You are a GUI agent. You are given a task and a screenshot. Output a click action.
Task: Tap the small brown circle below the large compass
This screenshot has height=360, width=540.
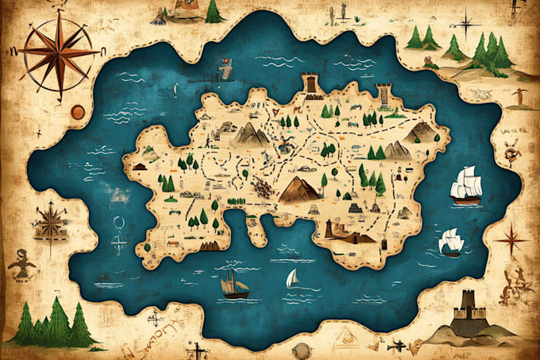click(x=77, y=113)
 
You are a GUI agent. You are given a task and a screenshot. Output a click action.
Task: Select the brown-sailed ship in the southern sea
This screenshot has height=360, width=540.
click(x=233, y=285)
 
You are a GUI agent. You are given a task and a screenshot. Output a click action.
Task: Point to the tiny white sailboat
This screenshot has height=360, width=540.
click(x=291, y=278)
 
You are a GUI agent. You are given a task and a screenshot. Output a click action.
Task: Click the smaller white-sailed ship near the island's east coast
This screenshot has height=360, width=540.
click(x=450, y=242)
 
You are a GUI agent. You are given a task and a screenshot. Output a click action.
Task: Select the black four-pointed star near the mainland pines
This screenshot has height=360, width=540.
click(x=465, y=21)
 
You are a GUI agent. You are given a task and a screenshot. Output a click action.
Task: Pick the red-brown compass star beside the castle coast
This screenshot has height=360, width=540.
click(x=511, y=239)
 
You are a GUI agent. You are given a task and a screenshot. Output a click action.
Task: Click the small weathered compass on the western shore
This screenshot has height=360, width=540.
click(x=50, y=218)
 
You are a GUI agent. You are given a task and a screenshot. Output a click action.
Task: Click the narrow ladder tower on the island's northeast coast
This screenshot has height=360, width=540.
click(x=385, y=95)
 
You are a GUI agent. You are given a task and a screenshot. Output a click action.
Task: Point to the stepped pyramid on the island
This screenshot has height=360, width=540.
click(x=355, y=207)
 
